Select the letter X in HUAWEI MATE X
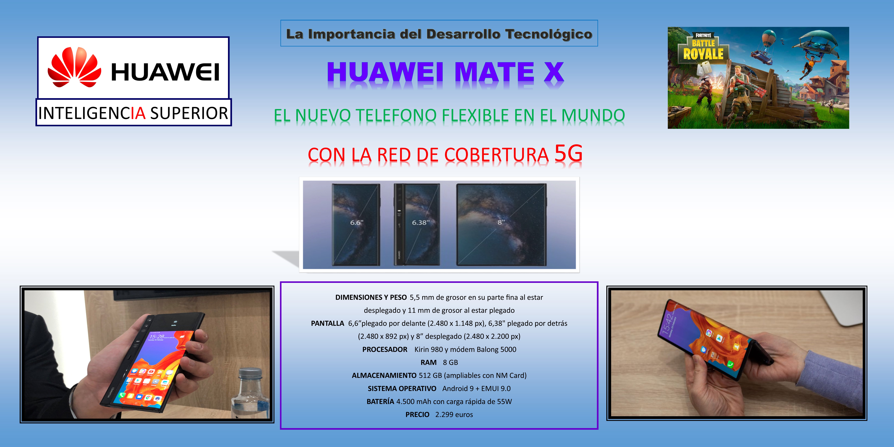(x=554, y=72)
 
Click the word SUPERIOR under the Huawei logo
(x=189, y=113)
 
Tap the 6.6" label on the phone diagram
(x=356, y=222)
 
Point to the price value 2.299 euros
(x=454, y=414)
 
